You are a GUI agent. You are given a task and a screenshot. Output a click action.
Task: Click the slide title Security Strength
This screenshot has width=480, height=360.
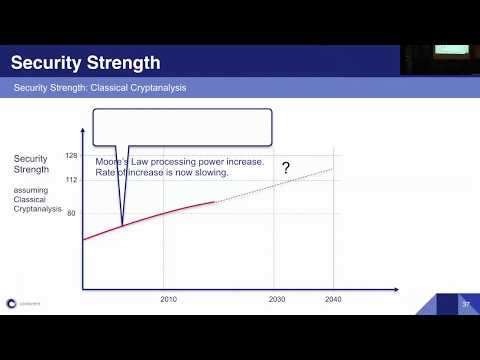click(85, 63)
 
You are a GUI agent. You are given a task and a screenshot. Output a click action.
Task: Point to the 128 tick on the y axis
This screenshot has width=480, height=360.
click(71, 156)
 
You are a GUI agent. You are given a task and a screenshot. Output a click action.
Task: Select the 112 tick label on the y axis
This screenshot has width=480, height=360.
click(71, 181)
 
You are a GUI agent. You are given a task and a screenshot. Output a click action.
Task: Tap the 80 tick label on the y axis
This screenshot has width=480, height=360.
click(71, 213)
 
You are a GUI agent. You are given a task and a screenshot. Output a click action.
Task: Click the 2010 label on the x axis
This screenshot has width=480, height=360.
click(169, 299)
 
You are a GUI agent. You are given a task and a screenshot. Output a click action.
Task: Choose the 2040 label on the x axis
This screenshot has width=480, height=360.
click(333, 299)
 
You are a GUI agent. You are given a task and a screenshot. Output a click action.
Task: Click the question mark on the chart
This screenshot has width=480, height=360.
click(285, 168)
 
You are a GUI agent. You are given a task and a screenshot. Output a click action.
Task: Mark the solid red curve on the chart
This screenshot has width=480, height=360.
click(160, 213)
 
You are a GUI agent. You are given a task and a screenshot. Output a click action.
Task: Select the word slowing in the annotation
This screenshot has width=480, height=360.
click(212, 172)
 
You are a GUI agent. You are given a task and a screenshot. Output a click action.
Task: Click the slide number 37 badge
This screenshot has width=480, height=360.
click(465, 304)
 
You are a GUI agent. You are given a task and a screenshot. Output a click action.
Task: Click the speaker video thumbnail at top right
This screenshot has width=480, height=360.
click(440, 59)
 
